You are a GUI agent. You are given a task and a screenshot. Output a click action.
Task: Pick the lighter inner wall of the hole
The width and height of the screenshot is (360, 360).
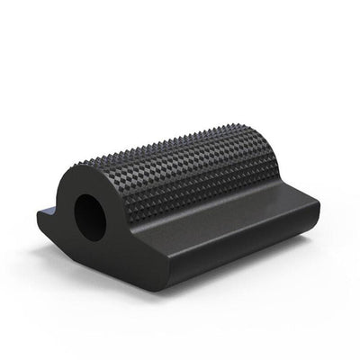99,216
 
